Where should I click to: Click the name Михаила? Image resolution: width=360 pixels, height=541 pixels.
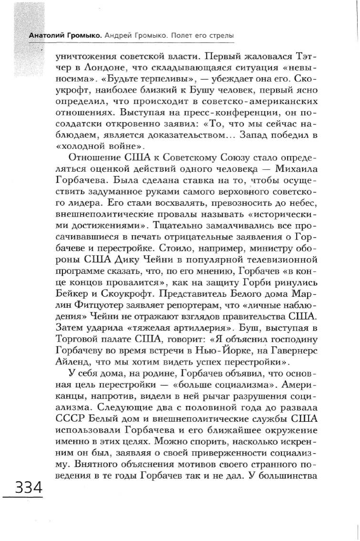point(288,170)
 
